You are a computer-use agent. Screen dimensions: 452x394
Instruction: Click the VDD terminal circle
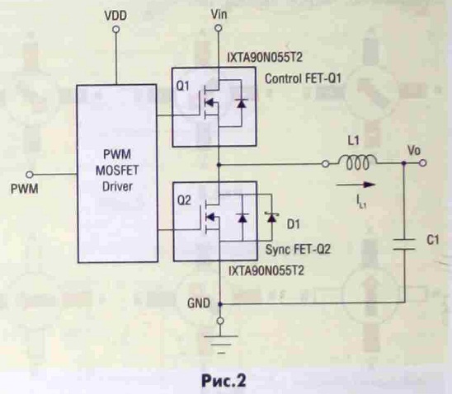click(x=116, y=30)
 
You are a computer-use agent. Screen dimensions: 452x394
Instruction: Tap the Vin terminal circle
click(x=219, y=28)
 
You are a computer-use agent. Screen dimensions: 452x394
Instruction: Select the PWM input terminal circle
click(x=30, y=175)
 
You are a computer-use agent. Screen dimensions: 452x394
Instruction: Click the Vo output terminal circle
click(x=422, y=163)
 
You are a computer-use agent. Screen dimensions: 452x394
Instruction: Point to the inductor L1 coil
click(x=357, y=162)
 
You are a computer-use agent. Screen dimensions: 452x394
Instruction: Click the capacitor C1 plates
click(x=404, y=244)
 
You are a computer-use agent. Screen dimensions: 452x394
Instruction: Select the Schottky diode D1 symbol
click(x=271, y=218)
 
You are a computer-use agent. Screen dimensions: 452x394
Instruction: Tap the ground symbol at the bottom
click(x=220, y=345)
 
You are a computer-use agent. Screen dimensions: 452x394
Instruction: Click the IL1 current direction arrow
click(x=355, y=185)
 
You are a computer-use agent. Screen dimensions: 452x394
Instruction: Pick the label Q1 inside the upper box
click(x=183, y=86)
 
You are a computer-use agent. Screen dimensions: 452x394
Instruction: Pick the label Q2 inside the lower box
click(x=184, y=200)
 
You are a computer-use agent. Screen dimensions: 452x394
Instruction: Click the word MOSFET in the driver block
click(x=117, y=171)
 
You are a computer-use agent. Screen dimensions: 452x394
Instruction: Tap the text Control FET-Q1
click(x=303, y=78)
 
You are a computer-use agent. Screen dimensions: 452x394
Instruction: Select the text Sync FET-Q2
click(x=298, y=249)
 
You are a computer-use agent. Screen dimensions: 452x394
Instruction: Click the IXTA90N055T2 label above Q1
click(x=265, y=58)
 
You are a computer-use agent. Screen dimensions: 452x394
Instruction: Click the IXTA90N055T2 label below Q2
click(x=266, y=270)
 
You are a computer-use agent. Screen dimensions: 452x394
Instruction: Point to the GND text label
click(x=198, y=303)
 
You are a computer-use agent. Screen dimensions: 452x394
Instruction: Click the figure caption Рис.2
click(x=224, y=381)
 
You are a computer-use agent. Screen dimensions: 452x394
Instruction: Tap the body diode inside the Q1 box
click(x=241, y=103)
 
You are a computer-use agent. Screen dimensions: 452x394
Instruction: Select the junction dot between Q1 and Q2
click(x=219, y=165)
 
